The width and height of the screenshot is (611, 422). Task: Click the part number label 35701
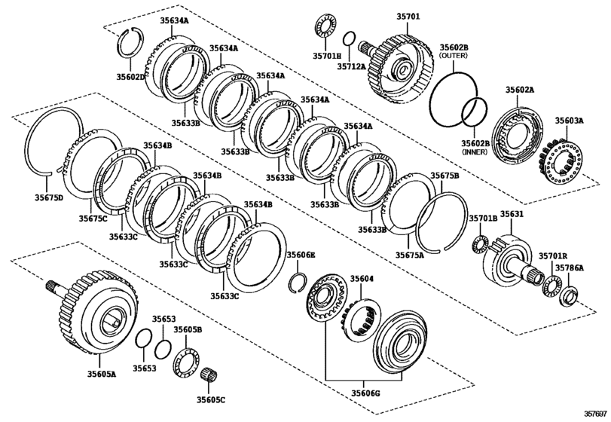[408, 17]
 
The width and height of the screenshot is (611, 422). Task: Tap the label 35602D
[130, 77]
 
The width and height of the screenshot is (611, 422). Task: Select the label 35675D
[48, 197]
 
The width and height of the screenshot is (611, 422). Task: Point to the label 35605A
[101, 374]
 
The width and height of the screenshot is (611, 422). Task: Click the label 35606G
[365, 393]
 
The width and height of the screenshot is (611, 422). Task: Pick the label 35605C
[210, 399]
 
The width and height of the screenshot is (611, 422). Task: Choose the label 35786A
[570, 268]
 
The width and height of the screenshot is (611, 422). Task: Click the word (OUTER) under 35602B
[454, 56]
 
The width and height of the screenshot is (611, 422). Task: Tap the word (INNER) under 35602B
[475, 152]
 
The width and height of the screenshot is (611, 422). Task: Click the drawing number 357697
[595, 413]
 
